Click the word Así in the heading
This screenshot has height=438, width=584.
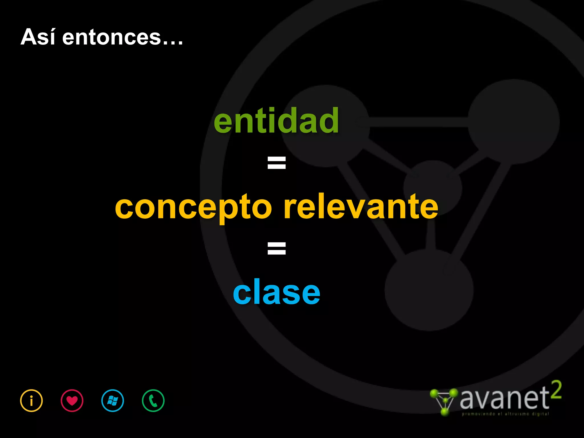pyautogui.click(x=38, y=37)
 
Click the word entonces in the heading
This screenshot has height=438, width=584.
pyautogui.click(x=111, y=38)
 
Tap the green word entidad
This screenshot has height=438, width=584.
pyautogui.click(x=276, y=121)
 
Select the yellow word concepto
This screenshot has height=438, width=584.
pyautogui.click(x=194, y=207)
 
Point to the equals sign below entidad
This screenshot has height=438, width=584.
pyautogui.click(x=276, y=163)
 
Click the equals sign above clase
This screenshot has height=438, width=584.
pyautogui.click(x=276, y=248)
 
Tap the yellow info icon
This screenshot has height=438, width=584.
pyautogui.click(x=31, y=400)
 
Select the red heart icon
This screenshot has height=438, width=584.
pyautogui.click(x=72, y=400)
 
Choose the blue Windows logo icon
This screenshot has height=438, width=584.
pyautogui.click(x=113, y=400)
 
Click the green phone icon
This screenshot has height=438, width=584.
pyautogui.click(x=153, y=400)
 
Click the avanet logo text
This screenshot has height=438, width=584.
pyautogui.click(x=504, y=398)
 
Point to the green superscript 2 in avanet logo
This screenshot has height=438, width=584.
pyautogui.click(x=556, y=390)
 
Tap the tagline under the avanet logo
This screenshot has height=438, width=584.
pyautogui.click(x=505, y=414)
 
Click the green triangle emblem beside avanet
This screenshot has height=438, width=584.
pyautogui.click(x=444, y=401)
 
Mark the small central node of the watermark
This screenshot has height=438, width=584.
pyautogui.click(x=433, y=188)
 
